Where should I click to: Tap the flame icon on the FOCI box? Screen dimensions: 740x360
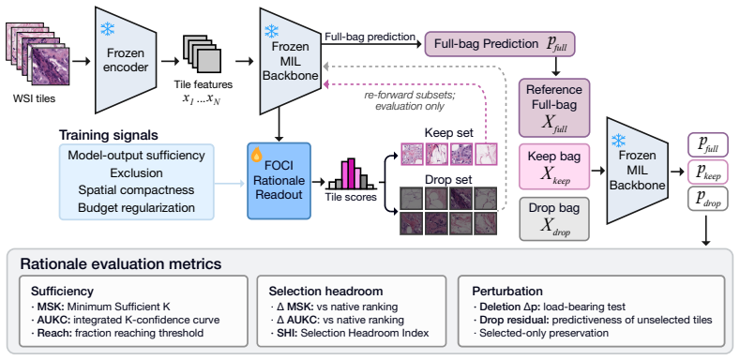257,155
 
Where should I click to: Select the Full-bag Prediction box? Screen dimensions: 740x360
500,44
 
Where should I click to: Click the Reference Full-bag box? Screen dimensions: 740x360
554,108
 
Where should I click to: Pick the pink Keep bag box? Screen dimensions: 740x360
554,167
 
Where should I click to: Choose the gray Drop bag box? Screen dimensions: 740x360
554,219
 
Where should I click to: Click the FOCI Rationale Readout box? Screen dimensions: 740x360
279,181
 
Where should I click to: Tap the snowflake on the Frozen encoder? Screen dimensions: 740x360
107,29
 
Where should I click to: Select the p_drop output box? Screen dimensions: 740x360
708,199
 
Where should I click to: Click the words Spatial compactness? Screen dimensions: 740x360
136,190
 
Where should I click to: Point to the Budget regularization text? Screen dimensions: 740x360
136,207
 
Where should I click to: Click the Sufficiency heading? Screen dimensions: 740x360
62,291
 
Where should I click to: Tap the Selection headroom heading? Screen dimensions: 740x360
326,291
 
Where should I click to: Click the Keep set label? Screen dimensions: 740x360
448,132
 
